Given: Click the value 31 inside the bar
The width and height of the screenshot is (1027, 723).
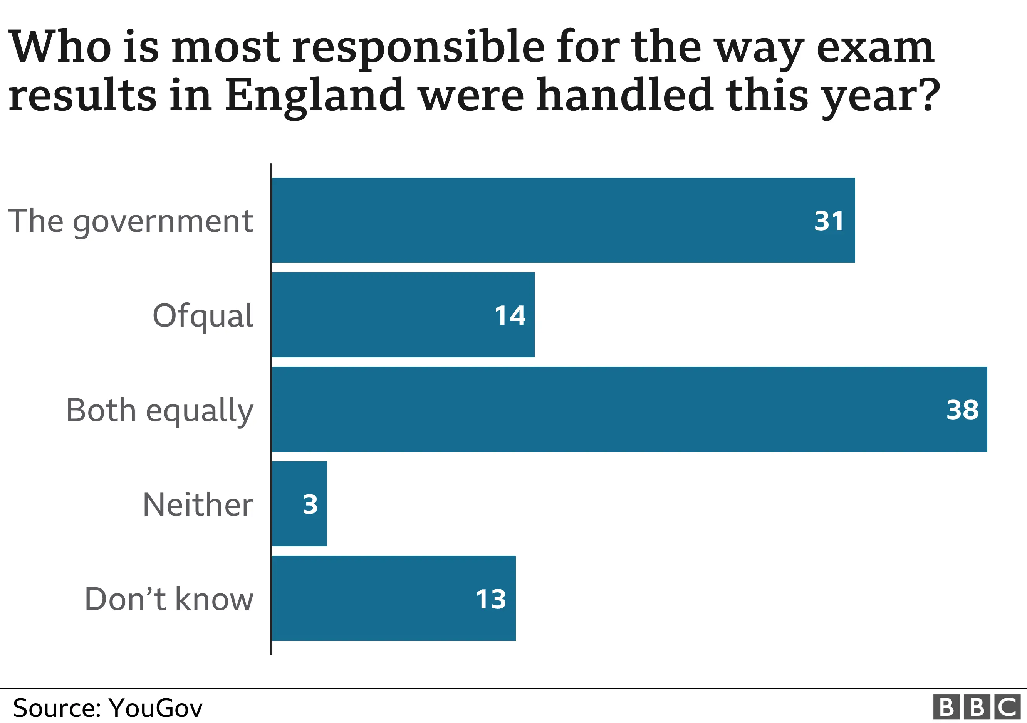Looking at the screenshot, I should click(x=829, y=221).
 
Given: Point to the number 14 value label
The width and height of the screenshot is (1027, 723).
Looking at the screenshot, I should click(x=510, y=315).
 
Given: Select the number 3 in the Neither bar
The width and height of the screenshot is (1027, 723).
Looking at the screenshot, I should click(x=310, y=504).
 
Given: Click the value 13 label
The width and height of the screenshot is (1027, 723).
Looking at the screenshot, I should click(x=491, y=599).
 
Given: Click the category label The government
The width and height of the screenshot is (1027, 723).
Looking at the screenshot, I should click(x=131, y=221).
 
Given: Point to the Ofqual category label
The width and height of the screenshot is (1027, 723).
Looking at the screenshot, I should click(x=203, y=315).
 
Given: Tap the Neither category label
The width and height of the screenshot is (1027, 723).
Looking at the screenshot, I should click(x=198, y=504).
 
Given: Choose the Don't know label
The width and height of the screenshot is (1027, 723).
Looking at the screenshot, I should click(x=169, y=599).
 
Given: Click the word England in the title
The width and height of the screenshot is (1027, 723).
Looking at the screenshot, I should click(x=314, y=95).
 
